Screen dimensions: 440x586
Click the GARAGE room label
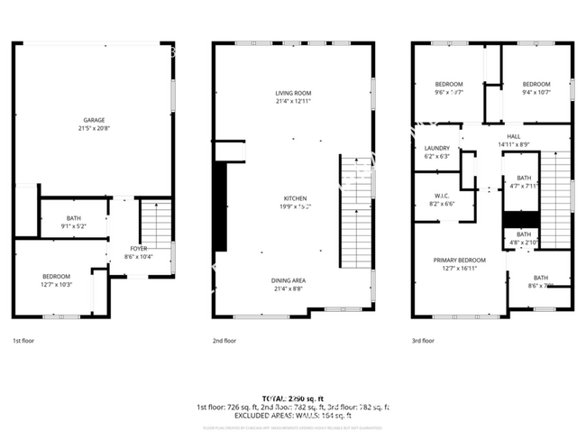click(x=94, y=120)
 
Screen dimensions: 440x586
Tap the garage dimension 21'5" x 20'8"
click(x=94, y=128)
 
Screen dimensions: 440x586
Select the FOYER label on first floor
click(x=138, y=248)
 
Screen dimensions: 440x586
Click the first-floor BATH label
click(x=73, y=217)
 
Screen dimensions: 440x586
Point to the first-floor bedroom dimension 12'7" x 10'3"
click(x=56, y=284)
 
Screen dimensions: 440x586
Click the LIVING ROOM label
click(x=293, y=92)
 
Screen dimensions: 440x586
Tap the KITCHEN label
click(x=295, y=197)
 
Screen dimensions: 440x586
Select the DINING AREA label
click(x=294, y=280)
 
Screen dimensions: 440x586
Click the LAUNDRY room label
click(x=437, y=148)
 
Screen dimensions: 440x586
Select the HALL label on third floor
click(x=514, y=136)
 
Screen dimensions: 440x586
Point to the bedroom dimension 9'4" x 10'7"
click(x=536, y=92)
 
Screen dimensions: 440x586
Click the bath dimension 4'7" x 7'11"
click(x=524, y=187)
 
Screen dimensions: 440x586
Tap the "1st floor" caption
click(x=23, y=341)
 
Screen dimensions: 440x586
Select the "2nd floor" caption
click(x=224, y=341)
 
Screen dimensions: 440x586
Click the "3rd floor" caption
click(x=423, y=341)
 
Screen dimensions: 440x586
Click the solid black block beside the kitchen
click(x=220, y=207)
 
